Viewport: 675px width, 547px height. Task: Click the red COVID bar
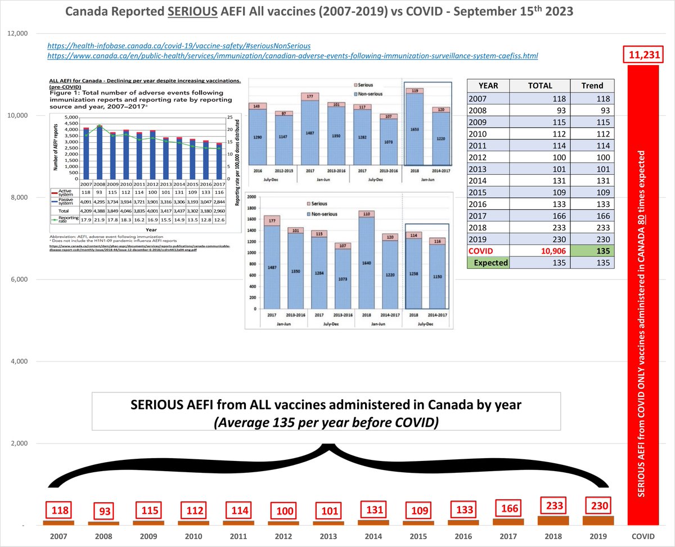tap(642, 292)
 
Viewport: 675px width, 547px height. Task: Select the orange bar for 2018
tap(553, 521)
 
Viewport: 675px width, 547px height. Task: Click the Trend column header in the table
tap(592, 86)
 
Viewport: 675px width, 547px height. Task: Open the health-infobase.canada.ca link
tap(178, 44)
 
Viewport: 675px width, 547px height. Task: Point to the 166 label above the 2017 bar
tap(508, 509)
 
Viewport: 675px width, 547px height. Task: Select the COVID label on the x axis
tap(642, 537)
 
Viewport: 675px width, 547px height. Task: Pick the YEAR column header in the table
tap(488, 86)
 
